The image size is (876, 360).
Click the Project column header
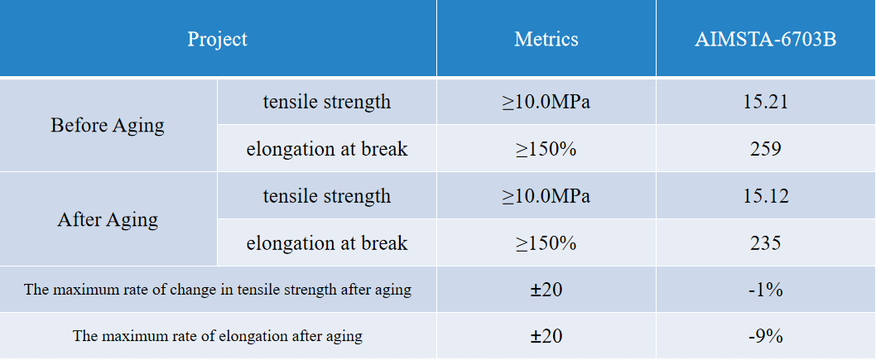point(217,39)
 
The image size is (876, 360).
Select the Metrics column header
point(546,39)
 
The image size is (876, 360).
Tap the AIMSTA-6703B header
point(765,39)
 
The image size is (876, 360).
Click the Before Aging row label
point(108,126)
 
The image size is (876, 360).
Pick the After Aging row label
point(108,220)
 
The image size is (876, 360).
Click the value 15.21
point(765,103)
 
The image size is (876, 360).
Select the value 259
point(765,150)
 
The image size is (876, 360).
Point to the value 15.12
point(765,197)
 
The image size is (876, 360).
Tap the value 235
point(765,243)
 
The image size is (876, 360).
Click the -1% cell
point(765,290)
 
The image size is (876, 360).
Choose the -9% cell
point(765,337)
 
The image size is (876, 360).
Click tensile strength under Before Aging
point(327,103)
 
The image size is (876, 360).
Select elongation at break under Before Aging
point(327,150)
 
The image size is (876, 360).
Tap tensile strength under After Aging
point(327,197)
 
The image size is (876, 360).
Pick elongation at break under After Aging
point(327,243)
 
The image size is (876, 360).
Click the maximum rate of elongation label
point(218,337)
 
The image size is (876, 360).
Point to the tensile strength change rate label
point(218,290)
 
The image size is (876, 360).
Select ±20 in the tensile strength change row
point(546,290)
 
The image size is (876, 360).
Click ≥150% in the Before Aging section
point(546,150)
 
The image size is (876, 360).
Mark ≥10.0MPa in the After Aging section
point(546,197)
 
